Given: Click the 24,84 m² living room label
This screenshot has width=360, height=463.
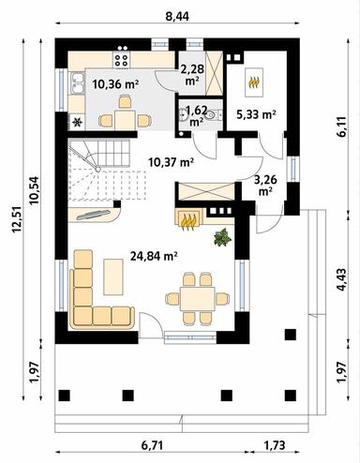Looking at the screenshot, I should coord(157,254).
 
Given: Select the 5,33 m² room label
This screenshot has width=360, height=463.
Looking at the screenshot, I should coord(256,114).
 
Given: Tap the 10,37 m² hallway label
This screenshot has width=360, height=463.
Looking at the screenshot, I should coord(172,161).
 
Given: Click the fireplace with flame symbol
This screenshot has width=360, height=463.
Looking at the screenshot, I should coord(188,221).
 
